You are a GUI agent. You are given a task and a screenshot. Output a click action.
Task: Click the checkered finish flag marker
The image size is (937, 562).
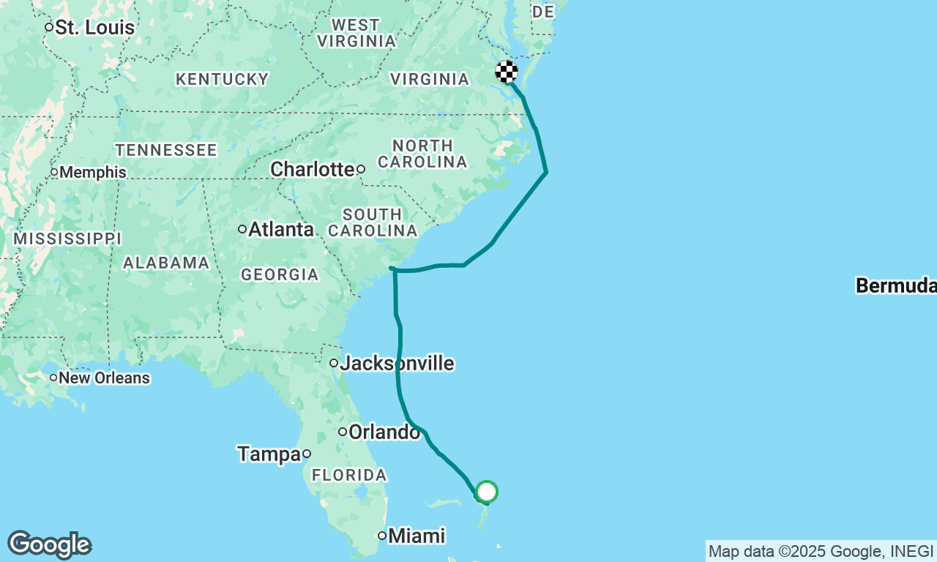(507, 72)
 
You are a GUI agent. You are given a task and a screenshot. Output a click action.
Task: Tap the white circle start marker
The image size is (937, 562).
(487, 492)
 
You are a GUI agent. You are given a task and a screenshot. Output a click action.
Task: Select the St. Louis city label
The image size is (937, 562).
(95, 28)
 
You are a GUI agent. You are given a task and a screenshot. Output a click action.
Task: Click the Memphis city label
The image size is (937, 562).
(92, 173)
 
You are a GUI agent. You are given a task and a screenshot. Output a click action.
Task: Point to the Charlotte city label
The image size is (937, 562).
(312, 169)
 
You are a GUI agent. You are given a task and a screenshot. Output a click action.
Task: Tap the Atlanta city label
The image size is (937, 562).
(280, 229)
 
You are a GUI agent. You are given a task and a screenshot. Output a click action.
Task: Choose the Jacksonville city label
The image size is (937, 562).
(396, 363)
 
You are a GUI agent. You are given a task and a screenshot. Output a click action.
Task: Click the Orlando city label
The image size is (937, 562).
(384, 432)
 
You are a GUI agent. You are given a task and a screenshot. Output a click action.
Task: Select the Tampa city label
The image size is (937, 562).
(269, 454)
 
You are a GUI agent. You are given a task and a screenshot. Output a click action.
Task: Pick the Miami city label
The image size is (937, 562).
(416, 536)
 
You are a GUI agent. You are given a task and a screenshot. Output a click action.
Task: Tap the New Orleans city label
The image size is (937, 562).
(104, 378)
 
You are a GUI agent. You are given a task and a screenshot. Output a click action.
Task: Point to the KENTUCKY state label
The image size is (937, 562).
(223, 79)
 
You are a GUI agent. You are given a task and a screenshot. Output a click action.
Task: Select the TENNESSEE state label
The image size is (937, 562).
(166, 150)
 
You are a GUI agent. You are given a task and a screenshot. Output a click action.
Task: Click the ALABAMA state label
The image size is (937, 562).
(166, 263)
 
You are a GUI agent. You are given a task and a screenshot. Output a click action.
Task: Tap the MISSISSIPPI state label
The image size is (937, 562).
(67, 239)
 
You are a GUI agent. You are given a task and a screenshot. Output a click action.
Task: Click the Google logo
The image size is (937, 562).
(49, 545)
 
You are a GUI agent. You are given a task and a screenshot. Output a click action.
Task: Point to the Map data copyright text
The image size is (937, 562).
(821, 551)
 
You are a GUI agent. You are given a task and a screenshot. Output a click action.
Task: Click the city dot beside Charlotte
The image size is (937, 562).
(361, 169)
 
